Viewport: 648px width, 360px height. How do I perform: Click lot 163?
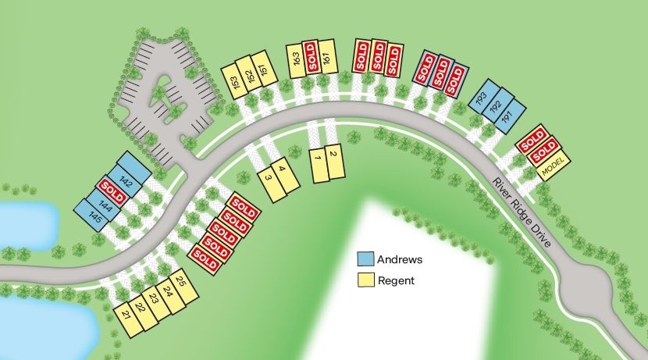(297, 59)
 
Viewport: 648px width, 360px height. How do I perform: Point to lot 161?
(326, 57)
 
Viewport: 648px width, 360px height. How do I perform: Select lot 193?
(482, 99)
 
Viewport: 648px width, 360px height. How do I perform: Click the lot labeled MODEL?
(554, 166)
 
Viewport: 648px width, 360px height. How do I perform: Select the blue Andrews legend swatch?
(365, 259)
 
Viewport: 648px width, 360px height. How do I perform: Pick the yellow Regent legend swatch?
(365, 280)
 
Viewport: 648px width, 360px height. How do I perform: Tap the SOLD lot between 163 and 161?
(312, 58)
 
